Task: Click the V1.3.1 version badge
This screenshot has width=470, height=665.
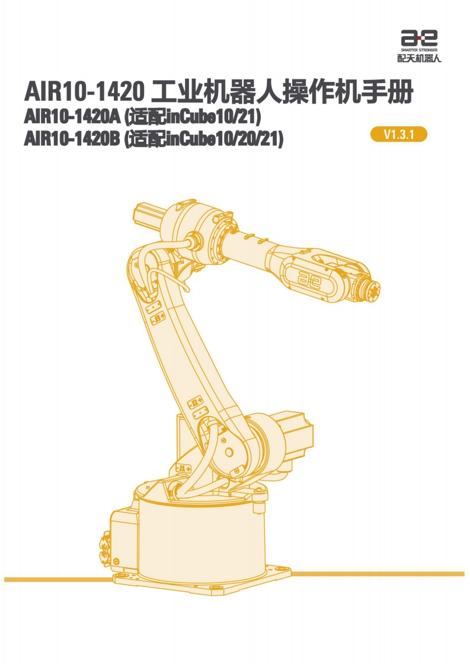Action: tap(398, 135)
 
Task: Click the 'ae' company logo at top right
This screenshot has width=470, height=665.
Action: tap(419, 38)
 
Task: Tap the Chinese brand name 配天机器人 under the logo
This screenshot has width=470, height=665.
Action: tap(419, 58)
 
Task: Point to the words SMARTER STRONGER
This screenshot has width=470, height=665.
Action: tap(419, 50)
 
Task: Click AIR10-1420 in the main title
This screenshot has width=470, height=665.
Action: tap(85, 92)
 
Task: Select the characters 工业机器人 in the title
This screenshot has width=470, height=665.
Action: tap(216, 92)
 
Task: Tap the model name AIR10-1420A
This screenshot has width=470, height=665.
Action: tap(72, 117)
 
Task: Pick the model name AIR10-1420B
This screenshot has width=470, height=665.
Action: tap(72, 139)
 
